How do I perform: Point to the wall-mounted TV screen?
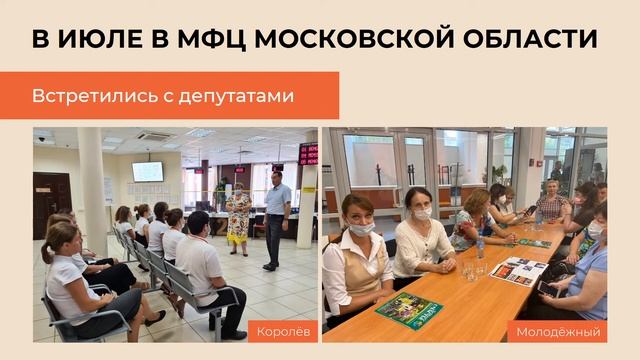pyautogui.click(x=147, y=171)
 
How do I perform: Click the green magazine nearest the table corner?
pyautogui.click(x=408, y=311)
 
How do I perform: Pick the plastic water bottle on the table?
pyautogui.click(x=480, y=246)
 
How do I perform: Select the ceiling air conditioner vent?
pyautogui.click(x=155, y=135)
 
